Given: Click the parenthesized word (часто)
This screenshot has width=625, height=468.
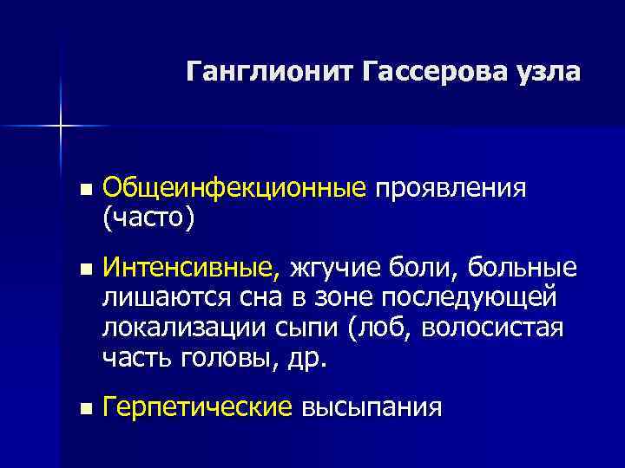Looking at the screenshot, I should pyautogui.click(x=148, y=218).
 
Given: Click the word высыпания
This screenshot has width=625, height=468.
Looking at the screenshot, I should pyautogui.click(x=371, y=407).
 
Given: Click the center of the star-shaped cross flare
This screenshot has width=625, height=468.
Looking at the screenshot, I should pyautogui.click(x=61, y=127).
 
